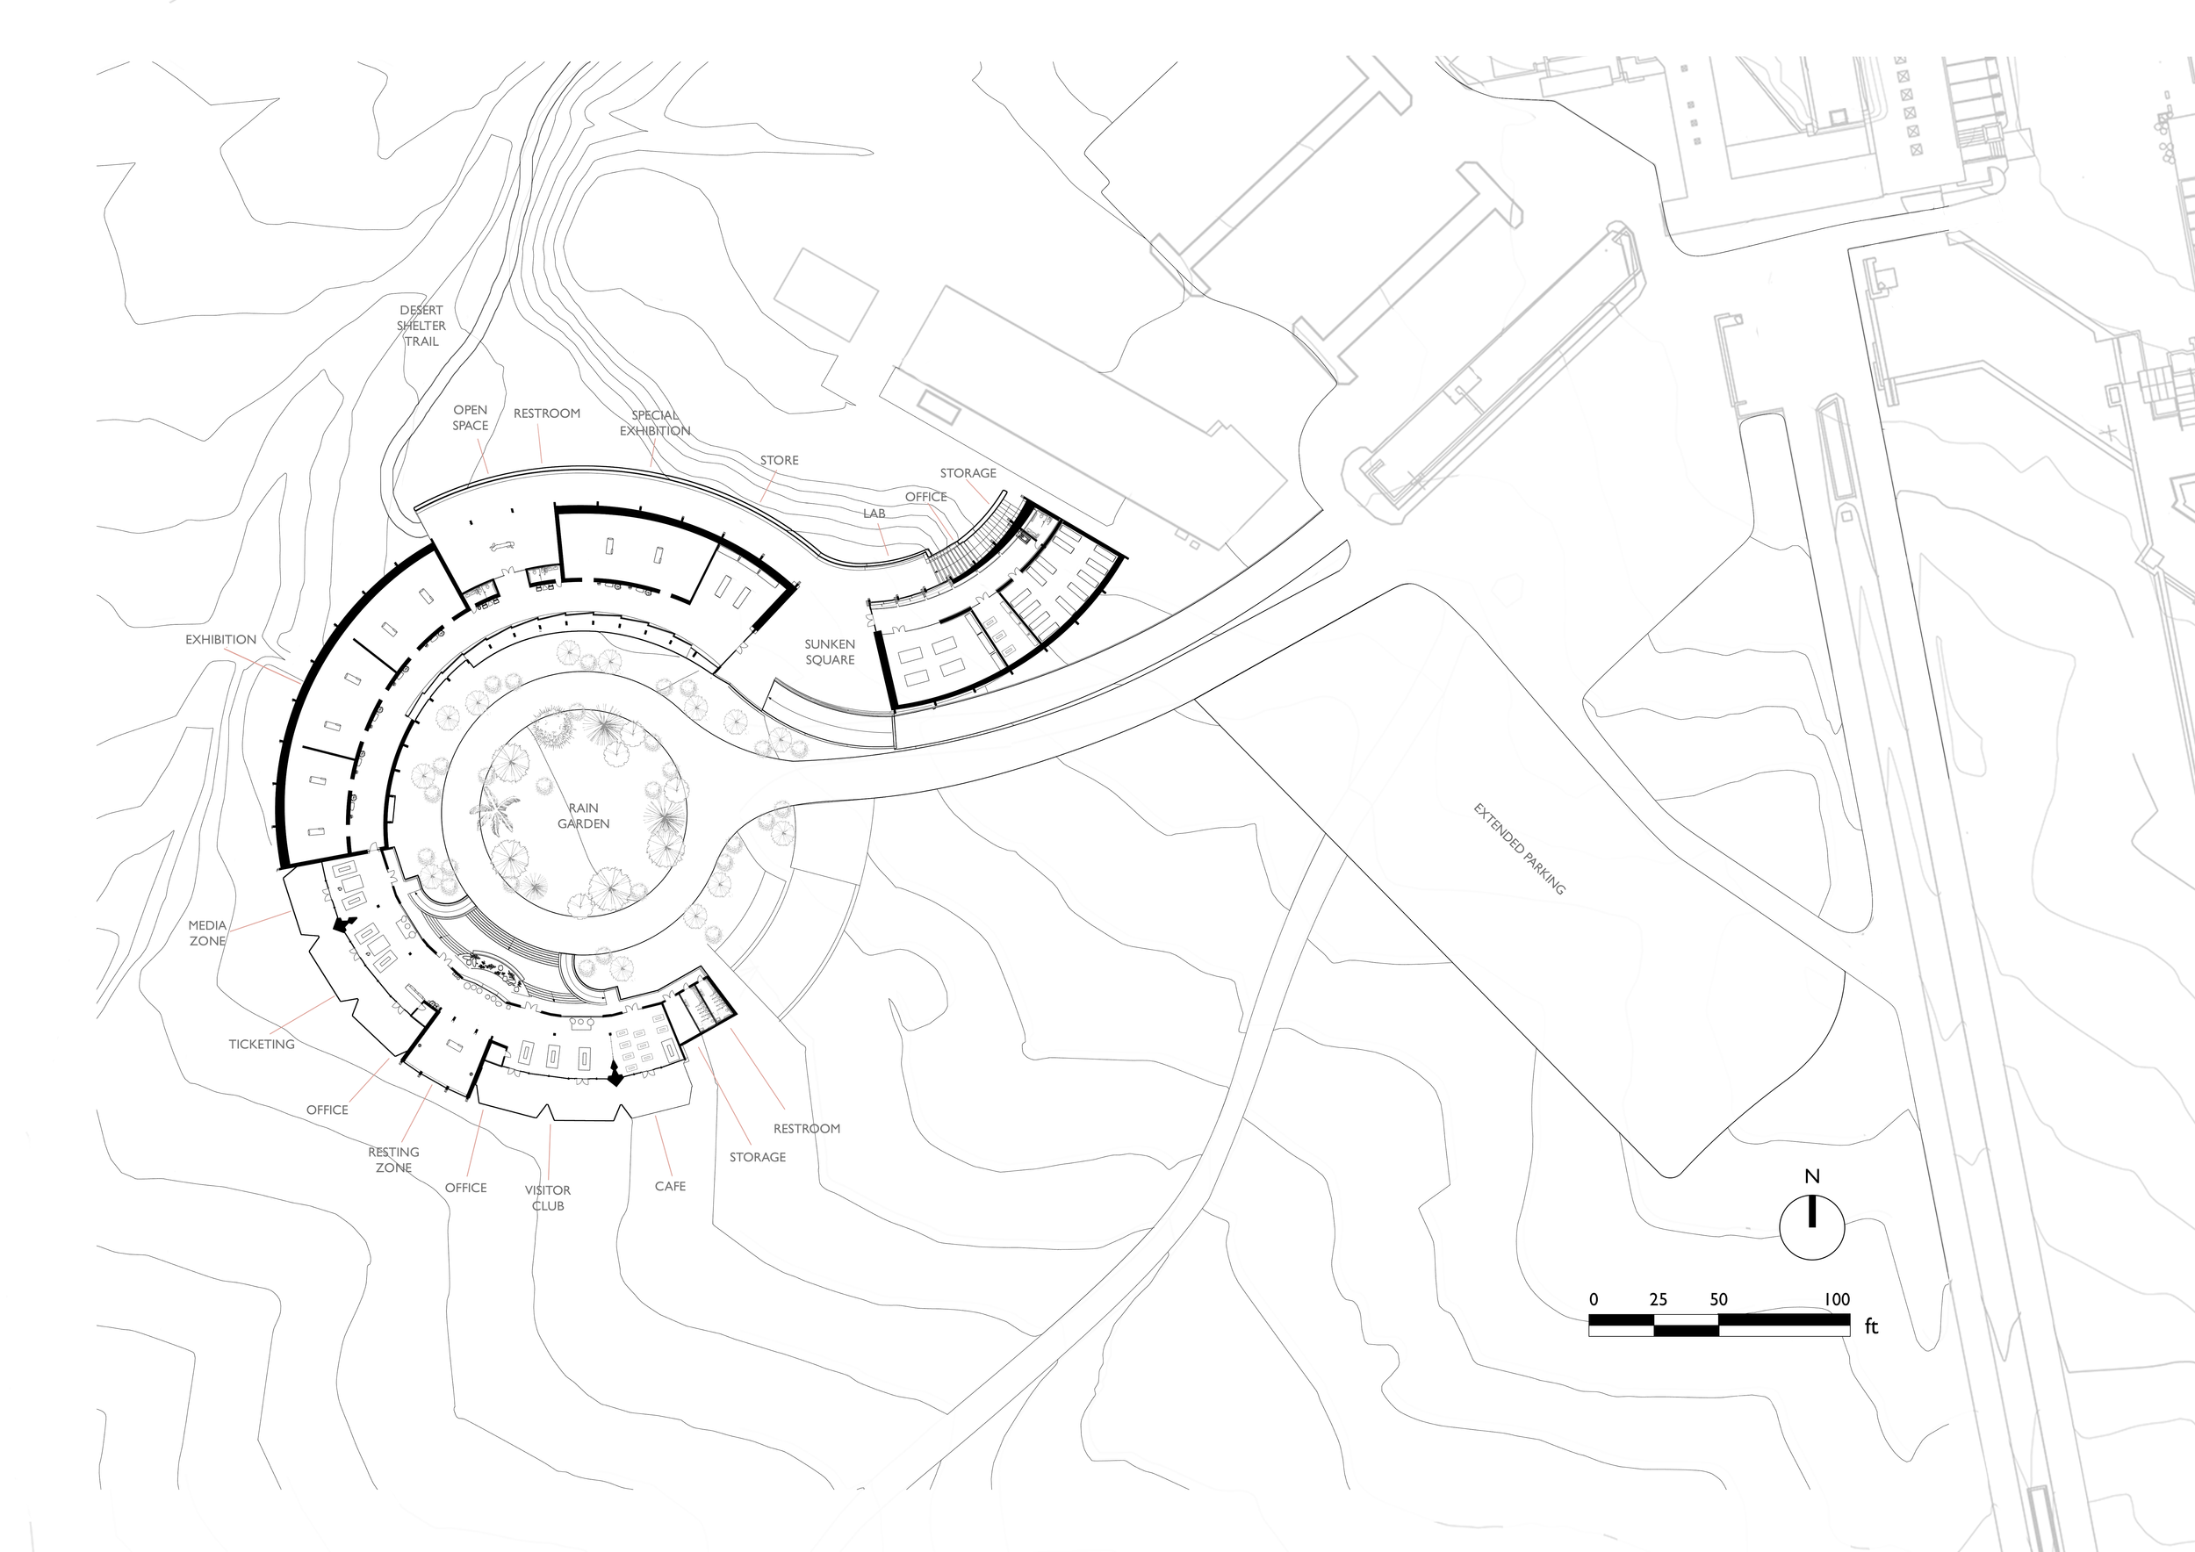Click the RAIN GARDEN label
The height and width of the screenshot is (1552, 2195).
[583, 816]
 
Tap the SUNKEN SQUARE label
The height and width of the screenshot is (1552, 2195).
[830, 651]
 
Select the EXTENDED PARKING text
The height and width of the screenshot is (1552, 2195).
[1519, 850]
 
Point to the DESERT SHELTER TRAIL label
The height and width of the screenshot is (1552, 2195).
[421, 326]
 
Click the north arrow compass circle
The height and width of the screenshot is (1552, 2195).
[1811, 1228]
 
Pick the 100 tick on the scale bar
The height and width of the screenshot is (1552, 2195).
[1837, 1300]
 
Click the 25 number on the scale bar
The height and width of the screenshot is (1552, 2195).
[1659, 1300]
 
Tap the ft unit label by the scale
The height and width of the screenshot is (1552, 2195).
[1871, 1326]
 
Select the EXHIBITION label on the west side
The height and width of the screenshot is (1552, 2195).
[221, 639]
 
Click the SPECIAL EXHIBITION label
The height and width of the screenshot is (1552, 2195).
[655, 423]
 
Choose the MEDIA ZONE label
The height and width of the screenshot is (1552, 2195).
[207, 933]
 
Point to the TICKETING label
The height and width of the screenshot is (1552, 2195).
[262, 1045]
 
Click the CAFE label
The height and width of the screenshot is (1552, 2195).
[670, 1186]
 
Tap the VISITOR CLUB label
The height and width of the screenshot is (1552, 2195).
[548, 1198]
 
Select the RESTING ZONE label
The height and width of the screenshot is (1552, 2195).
[394, 1160]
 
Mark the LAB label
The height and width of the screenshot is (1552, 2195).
[874, 514]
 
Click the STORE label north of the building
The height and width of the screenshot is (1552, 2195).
[779, 460]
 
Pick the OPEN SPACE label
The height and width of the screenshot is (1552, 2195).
[471, 418]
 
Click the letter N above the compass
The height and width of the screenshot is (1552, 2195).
[1811, 1176]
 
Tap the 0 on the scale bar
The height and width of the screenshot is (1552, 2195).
[1594, 1300]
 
